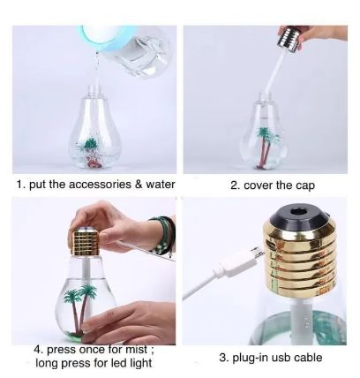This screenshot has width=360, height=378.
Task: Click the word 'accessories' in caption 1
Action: pyautogui.click(x=101, y=185)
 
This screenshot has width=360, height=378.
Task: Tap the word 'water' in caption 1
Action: pyautogui.click(x=161, y=185)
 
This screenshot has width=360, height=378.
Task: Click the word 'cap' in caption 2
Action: pyautogui.click(x=304, y=186)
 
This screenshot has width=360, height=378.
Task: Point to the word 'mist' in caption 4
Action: pyautogui.click(x=136, y=350)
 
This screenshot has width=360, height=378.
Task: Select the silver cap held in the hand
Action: pyautogui.click(x=289, y=40)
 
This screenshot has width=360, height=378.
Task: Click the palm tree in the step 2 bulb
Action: pyautogui.click(x=266, y=147)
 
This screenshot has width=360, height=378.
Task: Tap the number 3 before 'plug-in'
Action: pyautogui.click(x=224, y=358)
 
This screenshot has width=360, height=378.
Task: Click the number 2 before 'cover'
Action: pyautogui.click(x=236, y=186)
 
